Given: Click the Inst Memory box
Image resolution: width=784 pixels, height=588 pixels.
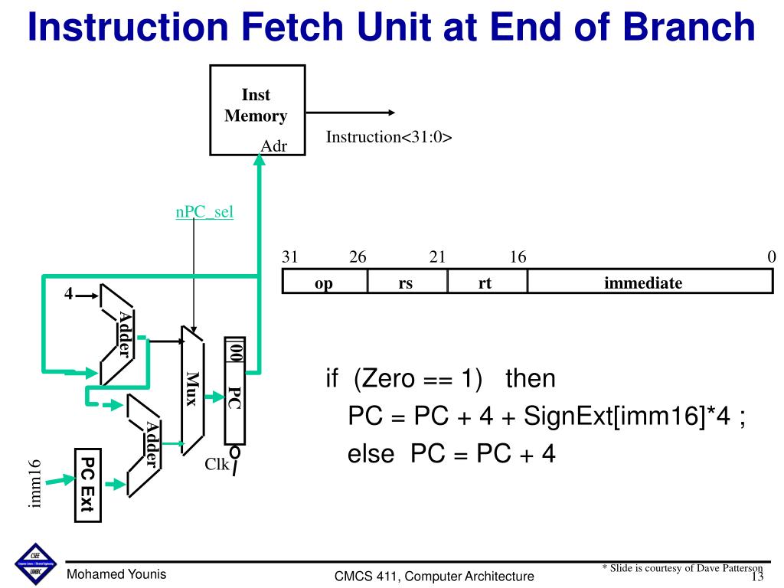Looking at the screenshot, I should coord(257,109).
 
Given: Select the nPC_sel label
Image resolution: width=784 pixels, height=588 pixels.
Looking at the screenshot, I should coord(204,212).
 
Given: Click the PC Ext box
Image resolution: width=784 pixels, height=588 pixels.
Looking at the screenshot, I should coord(88,485).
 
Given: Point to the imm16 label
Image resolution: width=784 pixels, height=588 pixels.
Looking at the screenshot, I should coord(34,482).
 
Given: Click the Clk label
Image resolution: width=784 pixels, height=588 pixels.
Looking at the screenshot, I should coord(217,464).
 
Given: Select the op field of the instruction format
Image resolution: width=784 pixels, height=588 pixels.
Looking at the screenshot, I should coord(325,283).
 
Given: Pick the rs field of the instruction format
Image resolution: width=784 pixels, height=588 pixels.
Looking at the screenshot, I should coord(406,283).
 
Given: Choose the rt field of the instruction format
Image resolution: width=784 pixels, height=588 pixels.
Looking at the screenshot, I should coord(485,283).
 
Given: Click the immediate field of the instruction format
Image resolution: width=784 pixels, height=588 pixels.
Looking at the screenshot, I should coord(643,283).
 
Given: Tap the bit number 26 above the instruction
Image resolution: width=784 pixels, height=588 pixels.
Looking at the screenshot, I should coord(358,257).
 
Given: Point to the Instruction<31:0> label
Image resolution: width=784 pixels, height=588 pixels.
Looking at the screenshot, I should coord(389,137).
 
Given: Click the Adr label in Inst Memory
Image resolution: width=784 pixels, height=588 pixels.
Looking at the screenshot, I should coord(273,145).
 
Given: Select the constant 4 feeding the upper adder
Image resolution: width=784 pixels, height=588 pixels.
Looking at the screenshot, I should coord(68,294).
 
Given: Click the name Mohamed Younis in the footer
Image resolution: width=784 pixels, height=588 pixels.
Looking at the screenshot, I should coord(116,575).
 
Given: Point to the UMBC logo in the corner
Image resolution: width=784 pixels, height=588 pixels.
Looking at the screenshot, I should coord(34,565).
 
